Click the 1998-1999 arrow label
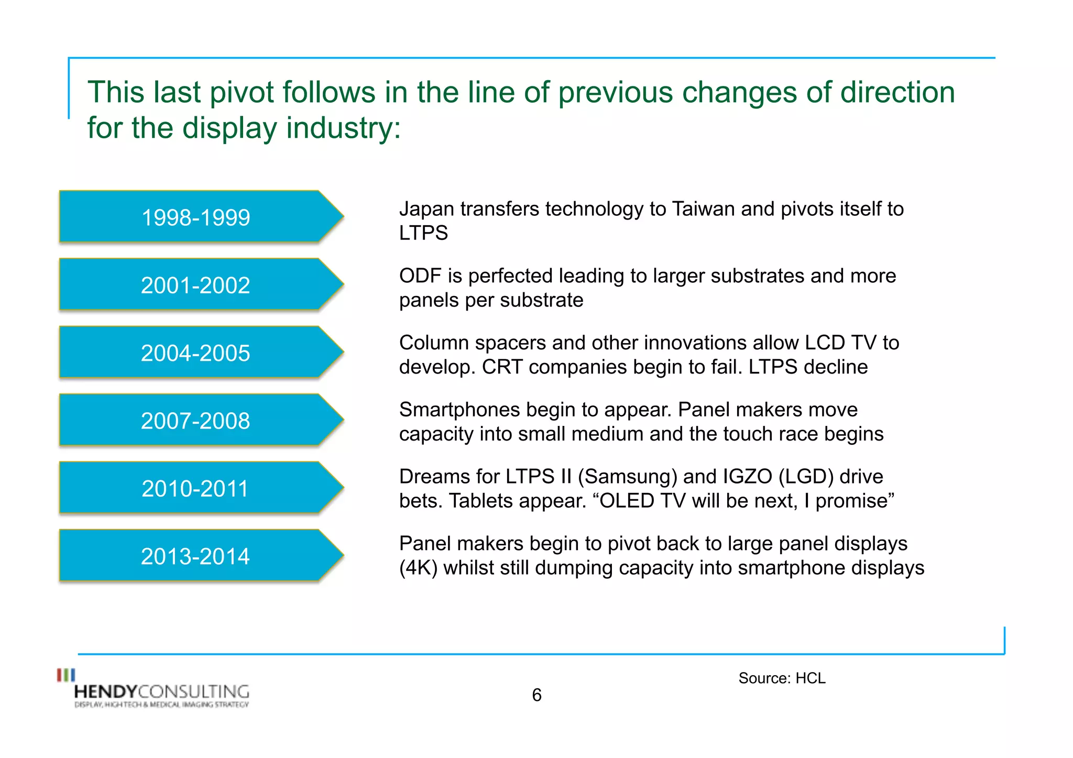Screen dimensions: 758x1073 point(195,217)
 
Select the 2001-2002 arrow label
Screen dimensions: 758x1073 point(195,285)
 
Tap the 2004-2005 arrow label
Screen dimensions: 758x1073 point(195,353)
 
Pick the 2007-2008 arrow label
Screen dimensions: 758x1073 point(195,421)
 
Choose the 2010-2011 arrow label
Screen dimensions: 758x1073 point(195,488)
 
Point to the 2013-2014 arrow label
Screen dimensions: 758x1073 point(195,556)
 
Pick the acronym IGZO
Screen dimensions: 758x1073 point(748,477)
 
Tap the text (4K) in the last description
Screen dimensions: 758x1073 point(418,568)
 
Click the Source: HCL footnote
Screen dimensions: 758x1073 point(782,678)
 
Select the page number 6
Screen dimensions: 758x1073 point(536,695)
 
